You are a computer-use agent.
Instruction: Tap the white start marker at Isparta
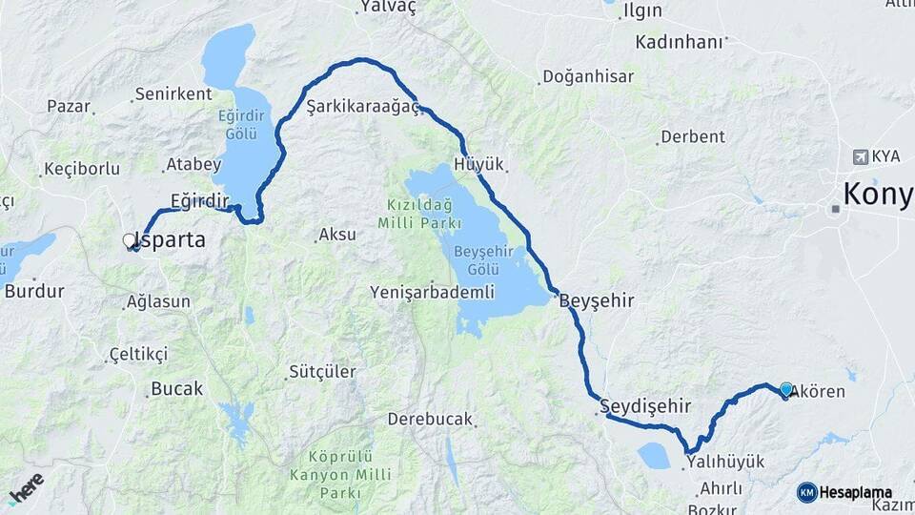coord(130,241)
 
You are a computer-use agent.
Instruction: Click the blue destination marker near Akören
coord(785,389)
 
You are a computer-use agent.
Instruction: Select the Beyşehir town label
coord(596,300)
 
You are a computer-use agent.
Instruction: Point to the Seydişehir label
coord(645,406)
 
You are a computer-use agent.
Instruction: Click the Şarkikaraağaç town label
coord(363,108)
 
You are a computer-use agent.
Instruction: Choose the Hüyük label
coord(478,165)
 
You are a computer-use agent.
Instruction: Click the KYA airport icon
coord(863,155)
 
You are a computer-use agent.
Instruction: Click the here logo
coord(26,488)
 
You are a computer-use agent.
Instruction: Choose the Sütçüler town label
coord(322,372)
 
